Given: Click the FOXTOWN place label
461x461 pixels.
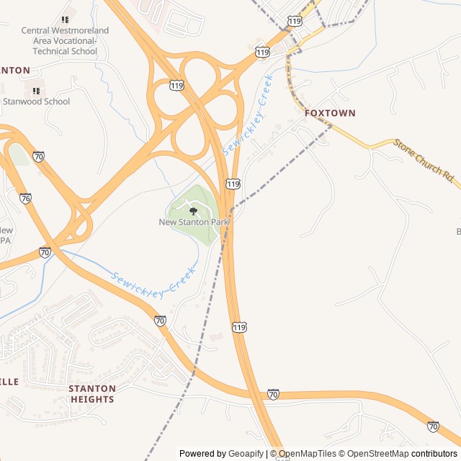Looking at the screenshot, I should point(330,113).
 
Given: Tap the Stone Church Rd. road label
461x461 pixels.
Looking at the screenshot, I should point(426,159).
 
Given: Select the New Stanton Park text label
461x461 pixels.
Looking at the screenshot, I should point(193,223).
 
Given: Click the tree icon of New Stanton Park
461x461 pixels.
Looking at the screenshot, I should point(193,210).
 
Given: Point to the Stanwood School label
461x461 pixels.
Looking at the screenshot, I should point(37,102).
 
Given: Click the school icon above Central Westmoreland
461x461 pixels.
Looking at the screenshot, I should point(65,19).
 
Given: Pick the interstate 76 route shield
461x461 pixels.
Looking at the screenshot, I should point(26,198).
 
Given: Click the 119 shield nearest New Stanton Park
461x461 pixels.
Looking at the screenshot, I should point(232,184).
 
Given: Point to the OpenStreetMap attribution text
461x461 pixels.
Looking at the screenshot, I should point(377,454).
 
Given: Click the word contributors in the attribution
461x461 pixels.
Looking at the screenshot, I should point(434,454).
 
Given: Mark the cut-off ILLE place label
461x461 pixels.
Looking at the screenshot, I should point(9,382).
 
